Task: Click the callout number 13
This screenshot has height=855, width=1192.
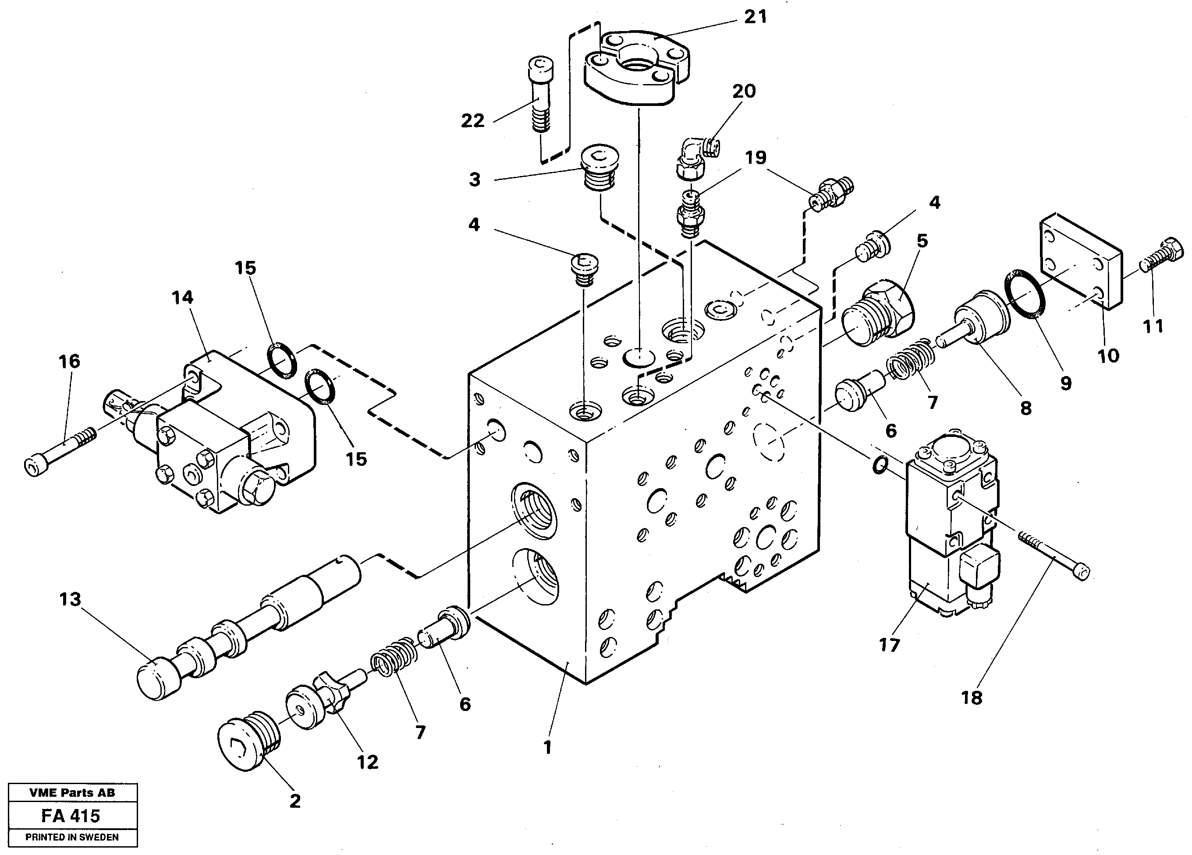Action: tap(70, 599)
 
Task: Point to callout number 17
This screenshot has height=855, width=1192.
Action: tap(889, 644)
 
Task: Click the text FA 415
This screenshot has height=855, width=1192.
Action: tap(71, 816)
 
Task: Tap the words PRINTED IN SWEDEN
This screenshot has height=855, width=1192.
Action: tap(72, 837)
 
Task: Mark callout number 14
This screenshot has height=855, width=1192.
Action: tap(182, 298)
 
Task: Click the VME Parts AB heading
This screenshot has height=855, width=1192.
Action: tap(72, 793)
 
